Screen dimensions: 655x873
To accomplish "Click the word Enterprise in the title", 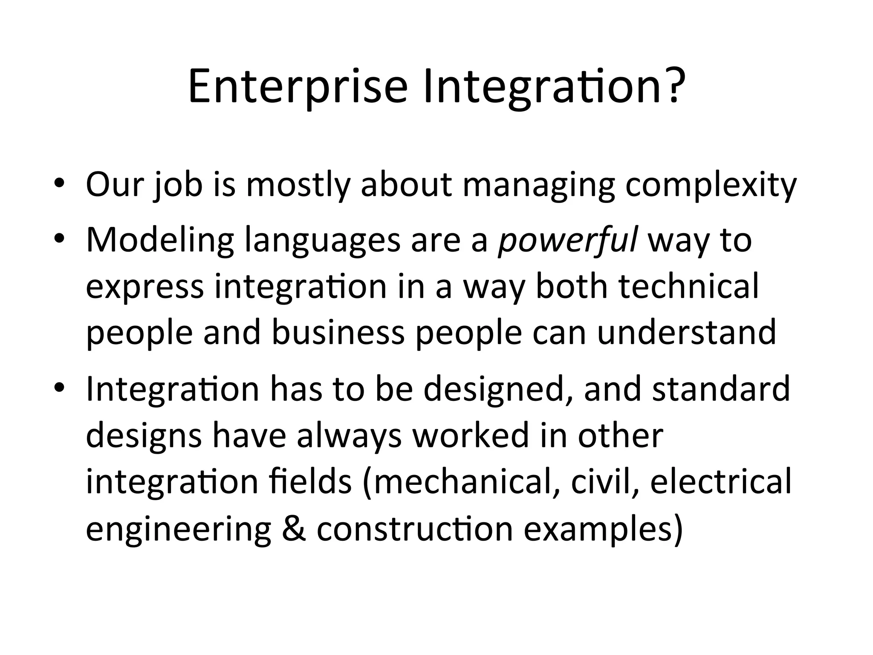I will pyautogui.click(x=298, y=88).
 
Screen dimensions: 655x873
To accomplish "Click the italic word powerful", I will pyautogui.click(x=568, y=241).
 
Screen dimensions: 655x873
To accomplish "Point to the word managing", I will pyautogui.click(x=538, y=186).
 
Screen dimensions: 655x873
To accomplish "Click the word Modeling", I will pyautogui.click(x=160, y=241).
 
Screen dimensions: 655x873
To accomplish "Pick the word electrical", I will pyautogui.click(x=720, y=482).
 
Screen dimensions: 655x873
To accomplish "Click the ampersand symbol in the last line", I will pyautogui.click(x=294, y=529).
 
